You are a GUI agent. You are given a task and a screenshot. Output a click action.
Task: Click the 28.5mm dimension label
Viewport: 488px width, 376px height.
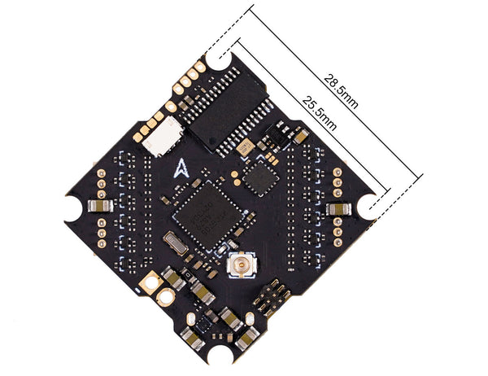341,91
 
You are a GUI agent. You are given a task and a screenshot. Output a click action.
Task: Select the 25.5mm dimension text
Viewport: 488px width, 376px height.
320,113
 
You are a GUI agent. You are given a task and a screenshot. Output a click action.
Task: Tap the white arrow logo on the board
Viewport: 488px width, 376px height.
181,168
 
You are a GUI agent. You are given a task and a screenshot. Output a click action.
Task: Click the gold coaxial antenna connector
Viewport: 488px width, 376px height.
242,265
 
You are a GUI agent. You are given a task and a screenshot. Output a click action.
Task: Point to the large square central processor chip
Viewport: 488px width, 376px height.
208,216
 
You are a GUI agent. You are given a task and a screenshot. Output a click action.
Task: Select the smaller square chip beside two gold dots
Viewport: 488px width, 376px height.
260,178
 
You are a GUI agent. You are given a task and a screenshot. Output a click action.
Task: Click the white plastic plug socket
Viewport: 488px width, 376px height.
163,136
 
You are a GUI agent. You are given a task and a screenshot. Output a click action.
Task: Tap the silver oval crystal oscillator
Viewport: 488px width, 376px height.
175,243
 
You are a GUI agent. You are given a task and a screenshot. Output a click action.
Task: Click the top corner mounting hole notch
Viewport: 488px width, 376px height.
219,59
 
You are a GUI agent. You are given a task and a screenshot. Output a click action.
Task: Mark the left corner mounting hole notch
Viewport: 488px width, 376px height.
74,208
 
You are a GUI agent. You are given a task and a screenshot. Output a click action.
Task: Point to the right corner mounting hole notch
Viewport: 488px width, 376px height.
368,207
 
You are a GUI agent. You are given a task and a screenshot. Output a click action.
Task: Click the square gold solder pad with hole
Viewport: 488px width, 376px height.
151,282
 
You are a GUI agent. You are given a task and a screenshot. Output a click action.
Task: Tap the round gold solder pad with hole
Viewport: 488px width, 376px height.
166,297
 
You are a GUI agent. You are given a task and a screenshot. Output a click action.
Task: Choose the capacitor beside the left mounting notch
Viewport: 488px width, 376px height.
100,206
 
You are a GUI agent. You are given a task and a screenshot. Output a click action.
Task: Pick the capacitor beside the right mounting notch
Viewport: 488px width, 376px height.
338,209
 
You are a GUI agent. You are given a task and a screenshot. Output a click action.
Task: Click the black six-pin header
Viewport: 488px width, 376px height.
271,295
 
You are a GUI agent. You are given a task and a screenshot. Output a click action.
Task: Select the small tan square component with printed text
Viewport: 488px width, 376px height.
245,146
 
